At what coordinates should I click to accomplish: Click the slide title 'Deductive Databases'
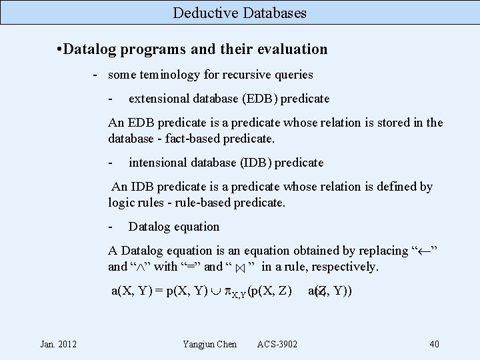(239, 13)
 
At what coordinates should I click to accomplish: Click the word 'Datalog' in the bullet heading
(90, 49)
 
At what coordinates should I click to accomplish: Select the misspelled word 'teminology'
(167, 75)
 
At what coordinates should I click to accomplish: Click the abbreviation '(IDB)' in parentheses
(251, 162)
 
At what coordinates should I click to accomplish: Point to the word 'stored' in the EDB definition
(387, 123)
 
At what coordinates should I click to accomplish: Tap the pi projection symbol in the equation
(227, 291)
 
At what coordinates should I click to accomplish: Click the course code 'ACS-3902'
(277, 344)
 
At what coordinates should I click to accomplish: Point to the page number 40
(434, 344)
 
